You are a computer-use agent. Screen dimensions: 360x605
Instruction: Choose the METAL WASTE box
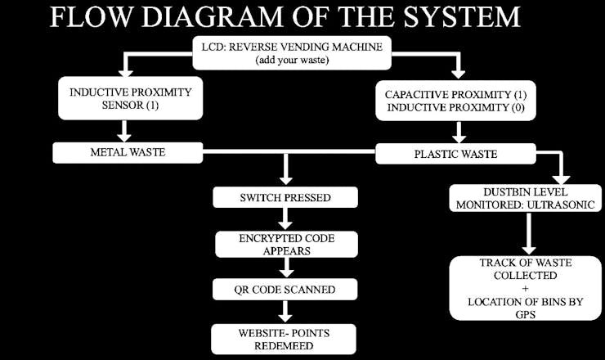(x=126, y=152)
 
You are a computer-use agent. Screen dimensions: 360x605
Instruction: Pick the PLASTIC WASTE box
(x=455, y=152)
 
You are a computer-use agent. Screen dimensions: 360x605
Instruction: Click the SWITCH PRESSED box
(x=285, y=197)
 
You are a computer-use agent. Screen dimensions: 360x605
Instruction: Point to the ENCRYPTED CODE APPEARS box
(x=285, y=243)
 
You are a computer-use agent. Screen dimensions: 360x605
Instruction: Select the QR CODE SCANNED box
(x=285, y=289)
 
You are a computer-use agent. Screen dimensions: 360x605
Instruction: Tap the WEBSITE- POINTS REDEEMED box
(x=285, y=338)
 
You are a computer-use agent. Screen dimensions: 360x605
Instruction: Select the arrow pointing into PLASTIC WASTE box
(x=459, y=131)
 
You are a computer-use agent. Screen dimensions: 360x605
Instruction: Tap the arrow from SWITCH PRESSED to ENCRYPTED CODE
(x=285, y=220)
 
